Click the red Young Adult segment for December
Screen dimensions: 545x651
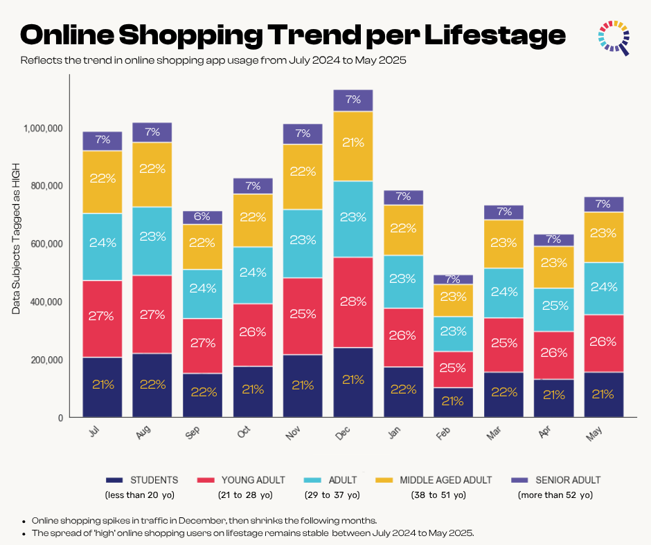353,302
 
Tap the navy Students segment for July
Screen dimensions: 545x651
102,387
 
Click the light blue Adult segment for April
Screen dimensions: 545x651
554,310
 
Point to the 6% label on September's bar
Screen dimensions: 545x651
203,216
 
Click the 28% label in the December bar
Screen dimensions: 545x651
353,302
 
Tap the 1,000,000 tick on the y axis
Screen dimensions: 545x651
43,128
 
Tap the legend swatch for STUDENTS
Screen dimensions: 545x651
114,480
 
